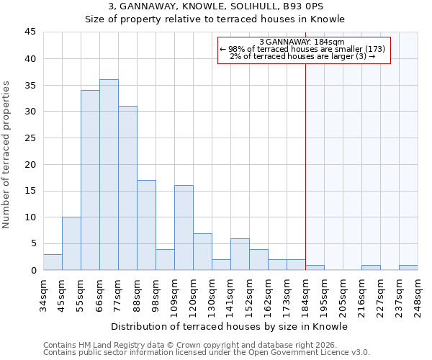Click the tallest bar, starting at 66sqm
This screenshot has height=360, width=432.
pos(109,175)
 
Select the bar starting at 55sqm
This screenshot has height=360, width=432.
pos(90,180)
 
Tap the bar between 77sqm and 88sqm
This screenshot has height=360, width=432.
pos(127,188)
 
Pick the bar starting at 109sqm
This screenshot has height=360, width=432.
pos(184,228)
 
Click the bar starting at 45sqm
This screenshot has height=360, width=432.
pos(71,243)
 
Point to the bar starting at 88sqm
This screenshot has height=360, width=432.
pos(146,225)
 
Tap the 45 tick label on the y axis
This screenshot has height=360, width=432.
pos(30,32)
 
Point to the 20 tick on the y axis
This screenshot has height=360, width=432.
pos(30,164)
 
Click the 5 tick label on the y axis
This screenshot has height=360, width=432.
pos(33,243)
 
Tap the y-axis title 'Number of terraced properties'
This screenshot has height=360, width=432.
pos(6,155)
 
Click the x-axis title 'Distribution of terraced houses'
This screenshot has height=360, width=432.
pos(230,327)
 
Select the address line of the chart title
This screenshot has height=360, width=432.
pos(215,6)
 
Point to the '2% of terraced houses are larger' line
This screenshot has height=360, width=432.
pos(302,56)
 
